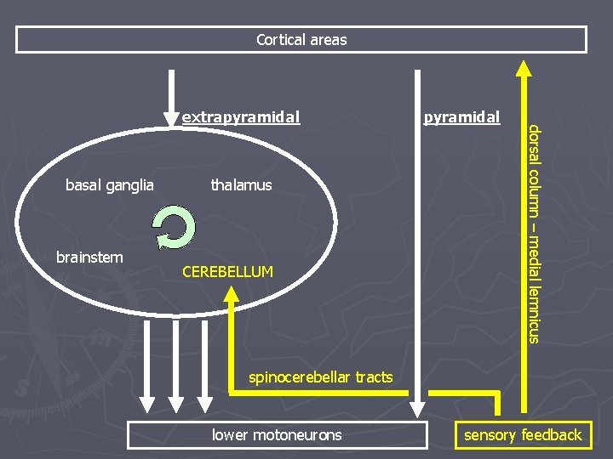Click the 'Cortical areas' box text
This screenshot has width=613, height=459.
coord(301,40)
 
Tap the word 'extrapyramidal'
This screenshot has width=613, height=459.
coord(241,117)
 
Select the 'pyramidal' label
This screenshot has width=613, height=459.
coord(461,116)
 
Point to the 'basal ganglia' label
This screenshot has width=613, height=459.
coord(110,184)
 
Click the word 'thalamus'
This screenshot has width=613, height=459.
coord(241,184)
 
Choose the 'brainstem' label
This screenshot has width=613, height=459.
coord(89,257)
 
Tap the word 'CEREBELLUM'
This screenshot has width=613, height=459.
coord(228,272)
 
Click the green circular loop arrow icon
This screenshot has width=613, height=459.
coord(174,229)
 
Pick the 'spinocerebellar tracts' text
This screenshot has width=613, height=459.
coord(320,377)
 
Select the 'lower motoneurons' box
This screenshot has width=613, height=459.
coord(277,435)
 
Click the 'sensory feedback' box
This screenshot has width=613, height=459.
coord(522,435)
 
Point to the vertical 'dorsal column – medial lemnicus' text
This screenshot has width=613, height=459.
coord(532,234)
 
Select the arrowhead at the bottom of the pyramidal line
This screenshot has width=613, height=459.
coord(417,410)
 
